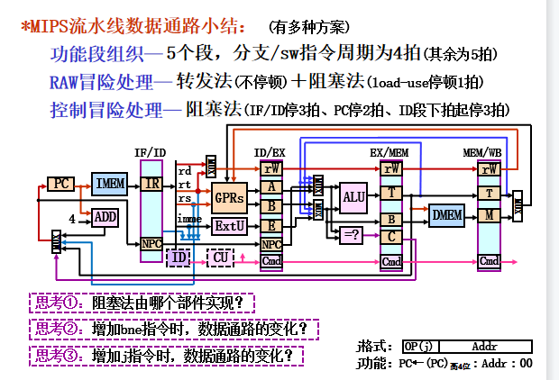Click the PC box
(x=61, y=184)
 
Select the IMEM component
(x=110, y=184)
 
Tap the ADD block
(x=105, y=217)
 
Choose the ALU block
(x=353, y=197)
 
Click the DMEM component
(x=445, y=214)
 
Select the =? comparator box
(x=352, y=234)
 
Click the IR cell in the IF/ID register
(x=151, y=184)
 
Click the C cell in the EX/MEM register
(x=391, y=237)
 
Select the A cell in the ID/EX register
(x=271, y=187)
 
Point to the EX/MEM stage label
(x=389, y=152)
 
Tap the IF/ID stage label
(x=150, y=152)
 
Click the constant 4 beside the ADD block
(x=72, y=218)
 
